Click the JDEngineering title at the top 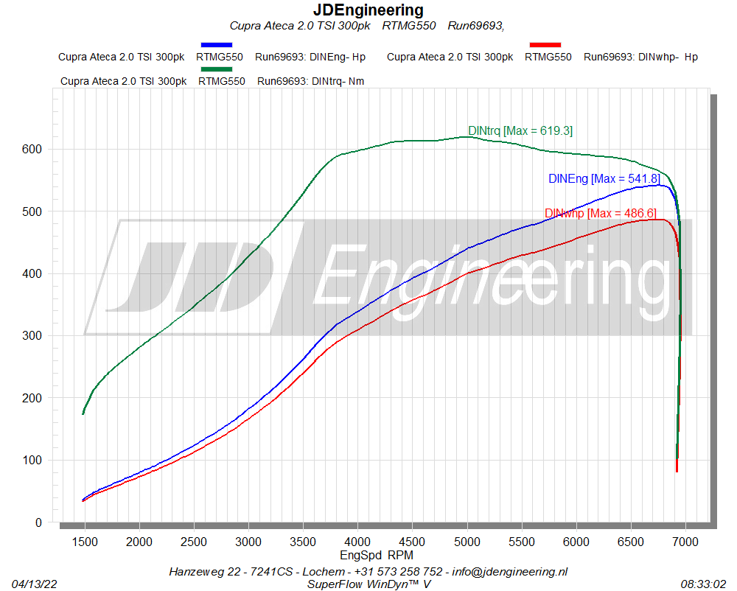(x=368, y=10)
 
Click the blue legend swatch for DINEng (x=216, y=45)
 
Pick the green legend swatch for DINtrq (x=216, y=69)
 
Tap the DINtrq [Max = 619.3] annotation (x=520, y=131)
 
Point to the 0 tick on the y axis (x=39, y=522)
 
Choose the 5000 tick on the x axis (x=467, y=542)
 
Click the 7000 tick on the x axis (x=685, y=542)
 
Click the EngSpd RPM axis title (x=376, y=555)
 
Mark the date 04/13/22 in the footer (x=35, y=584)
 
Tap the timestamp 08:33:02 (x=703, y=584)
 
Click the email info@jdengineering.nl (x=511, y=571)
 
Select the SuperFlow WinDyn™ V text (x=368, y=584)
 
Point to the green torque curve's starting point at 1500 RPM (x=83, y=413)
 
